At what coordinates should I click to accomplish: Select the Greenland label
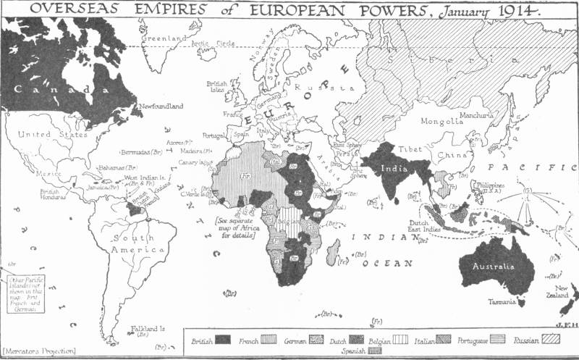tap(159, 38)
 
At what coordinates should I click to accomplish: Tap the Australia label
tap(494, 267)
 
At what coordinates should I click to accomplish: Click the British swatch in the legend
tap(223, 339)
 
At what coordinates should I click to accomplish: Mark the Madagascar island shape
tap(333, 254)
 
